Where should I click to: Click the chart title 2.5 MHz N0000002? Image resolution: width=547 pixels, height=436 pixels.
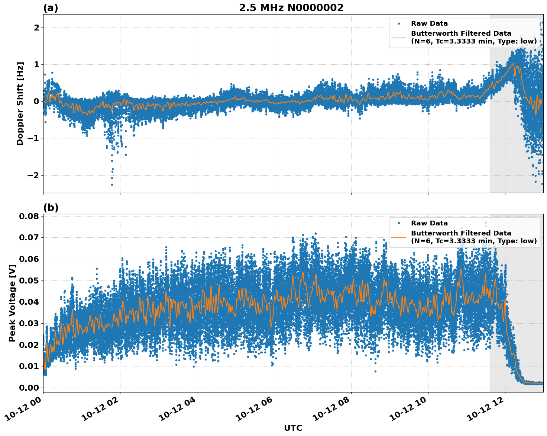(291, 8)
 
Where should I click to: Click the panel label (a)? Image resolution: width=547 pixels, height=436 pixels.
(51, 8)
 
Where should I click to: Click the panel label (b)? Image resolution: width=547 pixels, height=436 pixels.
(51, 208)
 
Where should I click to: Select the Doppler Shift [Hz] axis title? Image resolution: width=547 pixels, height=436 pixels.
(20, 103)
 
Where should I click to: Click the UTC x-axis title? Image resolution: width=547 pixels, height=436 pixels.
(293, 428)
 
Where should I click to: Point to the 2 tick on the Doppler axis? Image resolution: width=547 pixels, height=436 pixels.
(36, 28)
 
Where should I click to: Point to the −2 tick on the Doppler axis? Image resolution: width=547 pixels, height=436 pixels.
(33, 175)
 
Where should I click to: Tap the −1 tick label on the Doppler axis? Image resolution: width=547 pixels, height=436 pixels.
(33, 138)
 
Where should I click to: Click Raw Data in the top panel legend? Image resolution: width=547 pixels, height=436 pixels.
(429, 23)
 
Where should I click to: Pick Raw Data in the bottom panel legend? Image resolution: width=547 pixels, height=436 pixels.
(429, 223)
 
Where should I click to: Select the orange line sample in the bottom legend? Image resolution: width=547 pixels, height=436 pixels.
(398, 237)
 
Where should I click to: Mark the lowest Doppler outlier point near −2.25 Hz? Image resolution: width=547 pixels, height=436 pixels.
(112, 185)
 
